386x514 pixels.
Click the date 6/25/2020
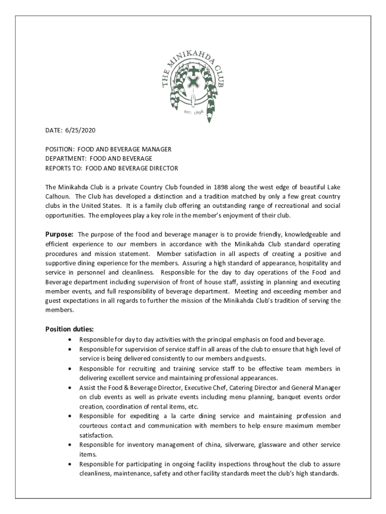point(80,131)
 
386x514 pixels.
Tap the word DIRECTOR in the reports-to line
point(161,168)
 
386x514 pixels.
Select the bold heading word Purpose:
point(60,234)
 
